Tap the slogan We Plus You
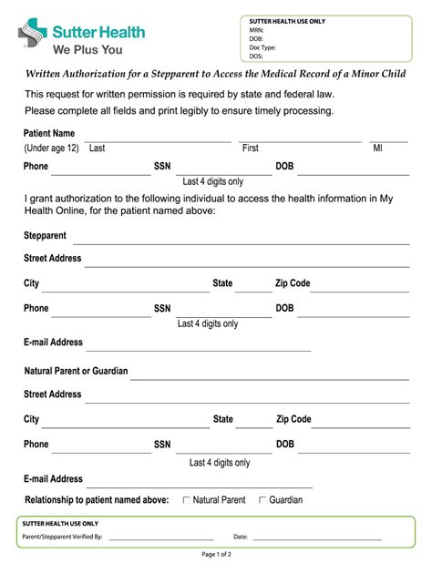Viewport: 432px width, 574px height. click(87, 50)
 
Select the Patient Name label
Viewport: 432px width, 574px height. click(49, 133)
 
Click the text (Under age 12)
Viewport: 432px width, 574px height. click(51, 148)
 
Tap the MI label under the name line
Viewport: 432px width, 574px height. click(377, 148)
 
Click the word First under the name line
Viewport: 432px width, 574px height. click(250, 148)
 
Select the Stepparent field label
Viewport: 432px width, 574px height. click(45, 235)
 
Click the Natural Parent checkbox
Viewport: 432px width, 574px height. click(187, 499)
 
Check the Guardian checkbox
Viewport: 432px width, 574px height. click(262, 499)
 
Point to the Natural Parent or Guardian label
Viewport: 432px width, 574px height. click(76, 372)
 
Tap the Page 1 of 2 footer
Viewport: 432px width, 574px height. click(216, 554)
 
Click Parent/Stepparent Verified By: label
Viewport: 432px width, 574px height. click(62, 537)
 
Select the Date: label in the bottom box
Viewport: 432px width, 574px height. click(241, 537)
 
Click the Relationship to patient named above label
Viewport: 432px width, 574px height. click(97, 499)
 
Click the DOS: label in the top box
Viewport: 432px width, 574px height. click(257, 55)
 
